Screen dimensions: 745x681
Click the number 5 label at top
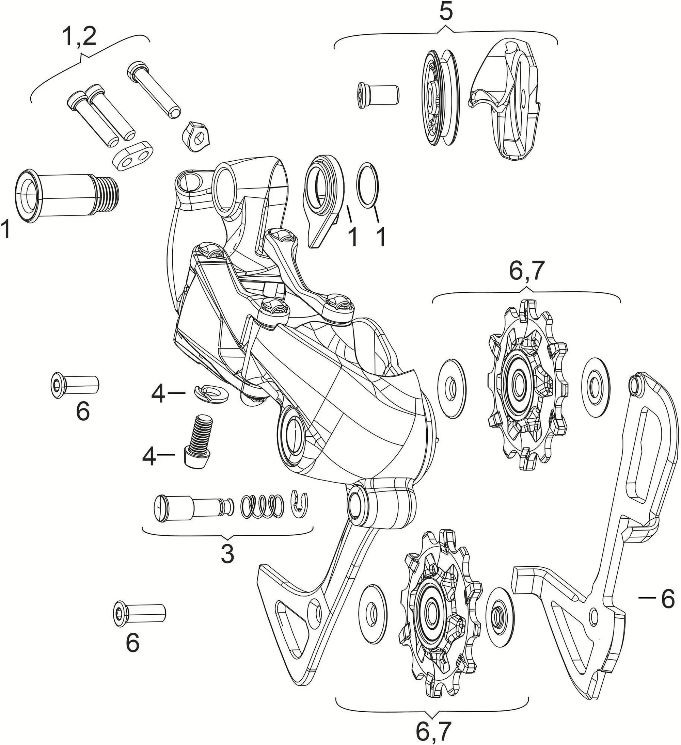(x=446, y=13)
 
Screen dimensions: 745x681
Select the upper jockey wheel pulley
(x=528, y=386)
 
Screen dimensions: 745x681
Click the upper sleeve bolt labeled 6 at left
(x=74, y=386)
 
